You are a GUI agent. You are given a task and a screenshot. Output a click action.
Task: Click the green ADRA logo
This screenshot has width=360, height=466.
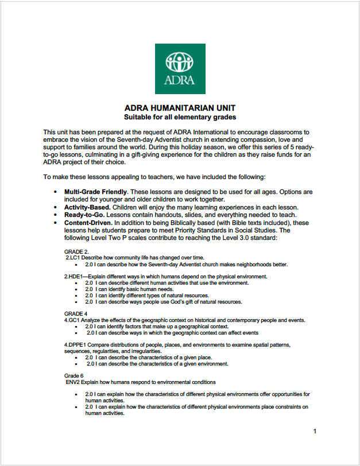tap(180, 68)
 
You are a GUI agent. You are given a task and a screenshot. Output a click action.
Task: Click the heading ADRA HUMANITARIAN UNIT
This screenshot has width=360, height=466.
tap(180, 108)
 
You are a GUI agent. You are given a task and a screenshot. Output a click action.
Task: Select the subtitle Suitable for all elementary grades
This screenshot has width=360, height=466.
tap(180, 117)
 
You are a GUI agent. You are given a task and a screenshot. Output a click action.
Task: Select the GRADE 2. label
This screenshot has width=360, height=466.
tap(76, 251)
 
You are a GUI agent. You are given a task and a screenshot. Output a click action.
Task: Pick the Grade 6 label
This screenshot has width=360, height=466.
tap(75, 375)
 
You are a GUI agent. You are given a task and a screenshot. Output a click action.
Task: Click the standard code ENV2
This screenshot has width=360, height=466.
tap(76, 382)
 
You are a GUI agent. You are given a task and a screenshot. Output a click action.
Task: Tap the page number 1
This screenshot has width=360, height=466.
tap(315, 431)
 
